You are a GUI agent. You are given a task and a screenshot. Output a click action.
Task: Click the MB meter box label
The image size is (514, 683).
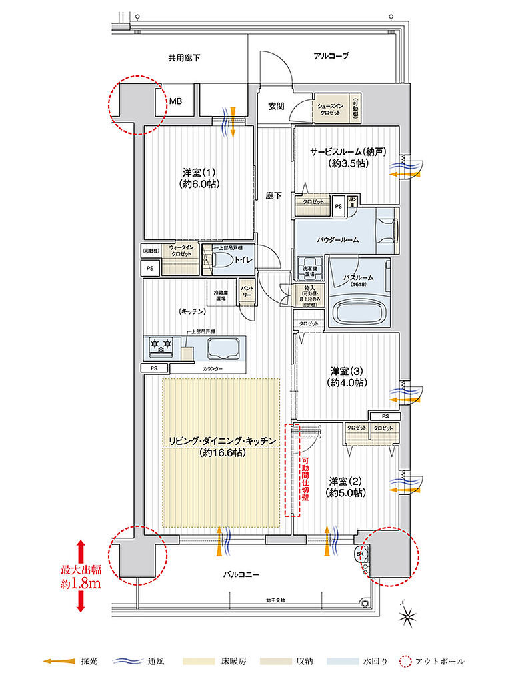point(175,102)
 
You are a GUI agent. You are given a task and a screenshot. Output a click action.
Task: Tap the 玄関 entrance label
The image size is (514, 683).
point(277,106)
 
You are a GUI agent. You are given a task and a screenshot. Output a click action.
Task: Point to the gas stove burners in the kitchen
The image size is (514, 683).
point(161,345)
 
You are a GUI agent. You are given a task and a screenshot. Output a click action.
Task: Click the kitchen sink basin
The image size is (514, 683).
point(224,348)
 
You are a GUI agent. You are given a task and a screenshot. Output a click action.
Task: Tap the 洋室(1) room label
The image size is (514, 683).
point(199,176)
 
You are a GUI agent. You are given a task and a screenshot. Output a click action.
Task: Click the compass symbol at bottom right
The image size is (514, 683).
point(409,616)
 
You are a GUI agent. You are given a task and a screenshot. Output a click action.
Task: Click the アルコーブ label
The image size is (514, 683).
point(331,56)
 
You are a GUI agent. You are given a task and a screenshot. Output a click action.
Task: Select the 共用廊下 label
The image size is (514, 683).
point(185,58)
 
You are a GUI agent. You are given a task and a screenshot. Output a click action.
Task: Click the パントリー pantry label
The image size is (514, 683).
point(246,292)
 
